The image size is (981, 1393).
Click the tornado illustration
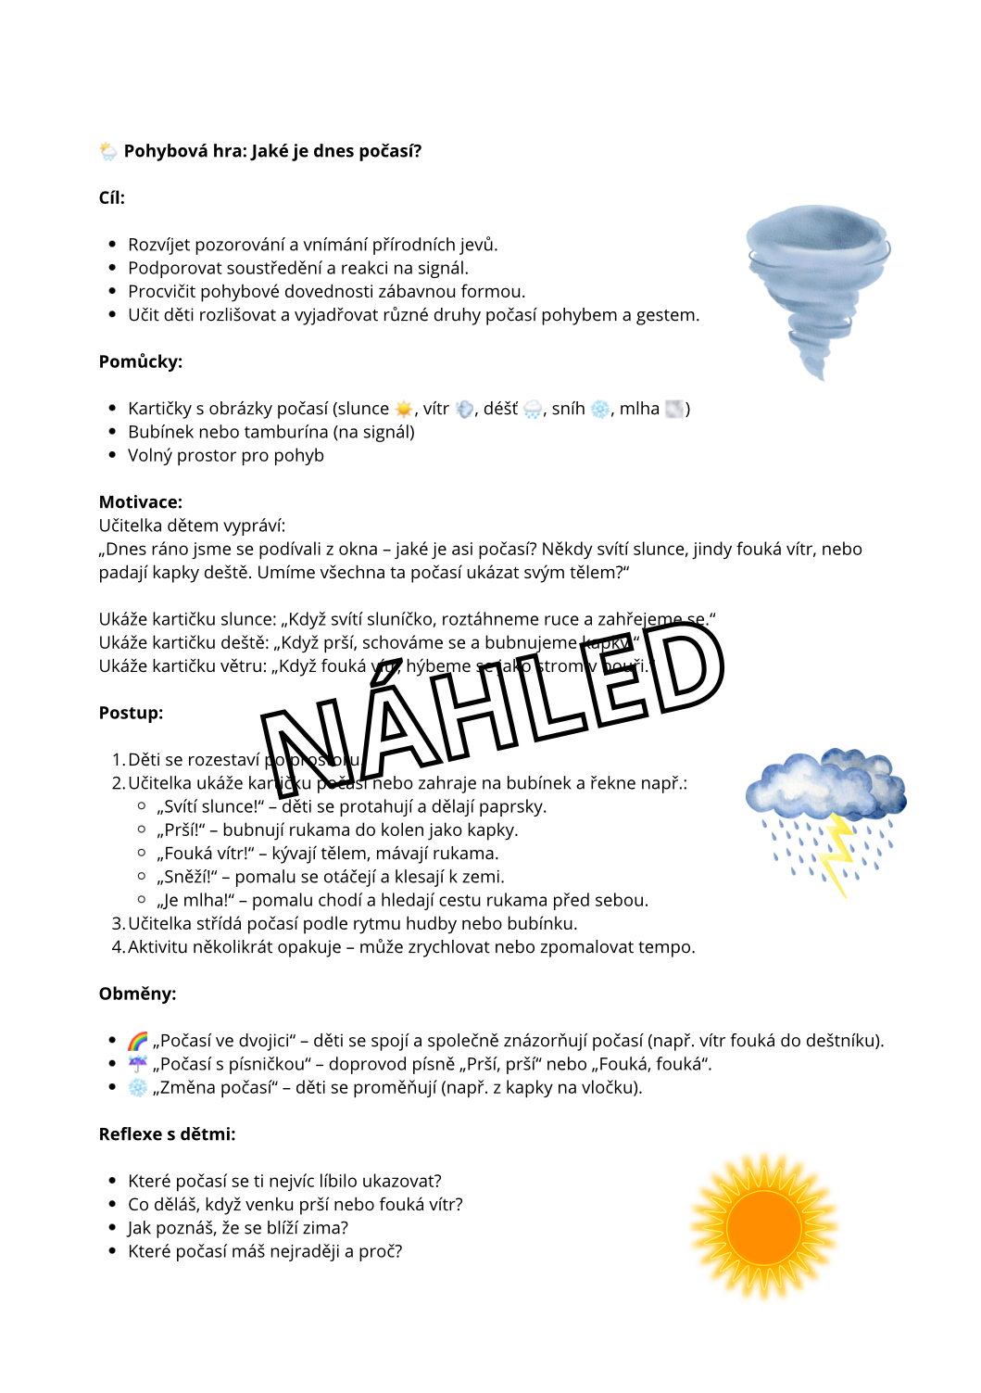tap(815, 283)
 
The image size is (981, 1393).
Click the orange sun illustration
tap(764, 1226)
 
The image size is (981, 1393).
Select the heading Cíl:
tap(112, 197)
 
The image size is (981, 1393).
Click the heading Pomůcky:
tap(141, 361)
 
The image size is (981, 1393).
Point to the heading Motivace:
tap(141, 502)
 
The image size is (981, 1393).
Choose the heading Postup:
tap(131, 713)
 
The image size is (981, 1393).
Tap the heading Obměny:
tap(137, 994)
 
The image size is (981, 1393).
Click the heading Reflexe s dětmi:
tap(167, 1133)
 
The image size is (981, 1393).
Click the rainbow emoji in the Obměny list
tap(138, 1041)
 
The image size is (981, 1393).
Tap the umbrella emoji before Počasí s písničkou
tap(138, 1064)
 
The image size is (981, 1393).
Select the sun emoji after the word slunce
tap(404, 409)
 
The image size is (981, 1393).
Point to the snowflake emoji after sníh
tap(600, 409)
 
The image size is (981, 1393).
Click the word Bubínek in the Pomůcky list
tap(158, 432)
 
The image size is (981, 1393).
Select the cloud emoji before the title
tap(108, 151)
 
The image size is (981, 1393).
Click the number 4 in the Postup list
tap(118, 947)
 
